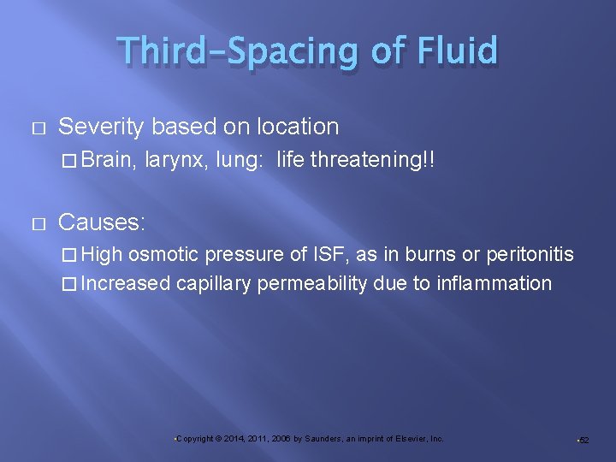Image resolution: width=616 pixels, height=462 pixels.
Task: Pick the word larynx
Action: click(175, 158)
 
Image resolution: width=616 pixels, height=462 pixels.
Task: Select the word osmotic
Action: click(164, 255)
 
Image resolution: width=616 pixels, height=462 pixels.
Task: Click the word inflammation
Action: click(495, 283)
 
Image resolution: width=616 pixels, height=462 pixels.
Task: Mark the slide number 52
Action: click(584, 439)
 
